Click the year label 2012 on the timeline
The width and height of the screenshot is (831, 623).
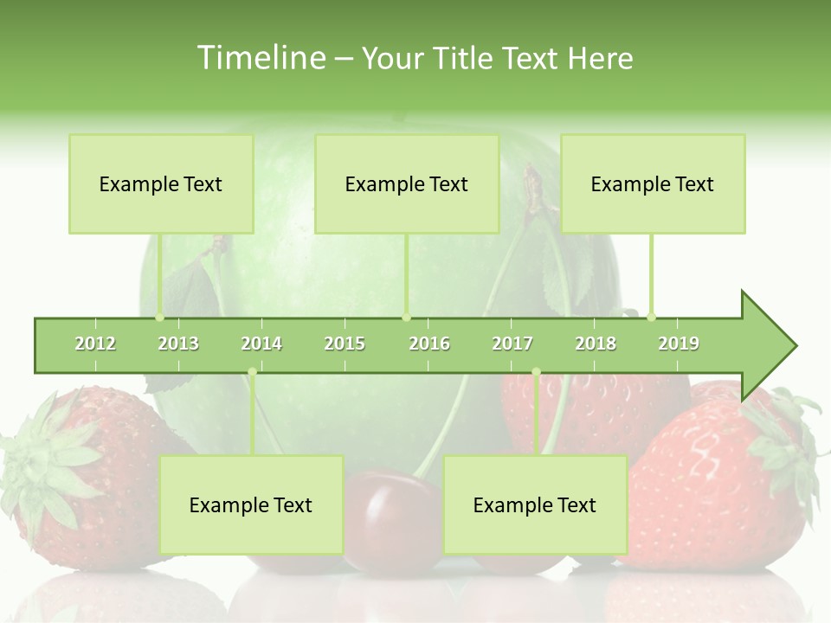tap(95, 344)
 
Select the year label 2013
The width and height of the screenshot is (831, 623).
tap(178, 344)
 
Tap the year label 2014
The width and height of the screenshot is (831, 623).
tap(261, 344)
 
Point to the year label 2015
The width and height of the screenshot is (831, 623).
tap(345, 344)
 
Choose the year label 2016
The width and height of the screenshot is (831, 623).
tap(429, 344)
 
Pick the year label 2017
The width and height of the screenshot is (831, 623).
tap(512, 344)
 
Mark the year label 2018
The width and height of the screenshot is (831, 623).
tap(596, 344)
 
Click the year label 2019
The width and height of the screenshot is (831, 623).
tap(679, 344)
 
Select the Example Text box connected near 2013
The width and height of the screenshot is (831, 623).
tap(161, 183)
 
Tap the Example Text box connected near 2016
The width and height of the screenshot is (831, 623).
tap(407, 183)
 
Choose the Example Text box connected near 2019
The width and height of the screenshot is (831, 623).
tap(653, 183)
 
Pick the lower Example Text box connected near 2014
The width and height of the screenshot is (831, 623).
tap(251, 504)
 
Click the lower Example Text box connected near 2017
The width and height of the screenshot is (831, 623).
tap(535, 504)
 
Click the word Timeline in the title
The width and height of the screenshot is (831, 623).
tap(260, 58)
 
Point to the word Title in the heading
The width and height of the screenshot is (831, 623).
tap(464, 58)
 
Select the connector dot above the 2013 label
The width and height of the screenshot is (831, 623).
tap(159, 317)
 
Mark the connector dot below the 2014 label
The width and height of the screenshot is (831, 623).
tap(252, 372)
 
